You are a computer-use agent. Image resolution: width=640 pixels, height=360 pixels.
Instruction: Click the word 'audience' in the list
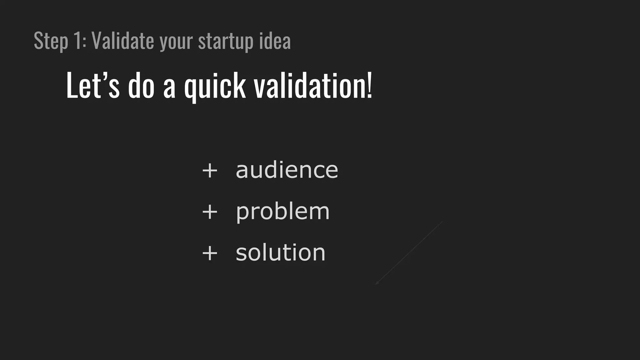(287, 170)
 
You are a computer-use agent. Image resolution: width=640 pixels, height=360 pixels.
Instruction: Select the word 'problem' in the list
(282, 212)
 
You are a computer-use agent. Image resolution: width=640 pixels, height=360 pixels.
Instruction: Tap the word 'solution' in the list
(280, 252)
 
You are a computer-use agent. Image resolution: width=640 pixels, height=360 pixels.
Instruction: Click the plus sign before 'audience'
(210, 171)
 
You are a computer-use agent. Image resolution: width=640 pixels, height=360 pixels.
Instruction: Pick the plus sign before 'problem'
(210, 212)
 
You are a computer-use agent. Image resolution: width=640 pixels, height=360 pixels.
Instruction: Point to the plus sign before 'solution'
(210, 253)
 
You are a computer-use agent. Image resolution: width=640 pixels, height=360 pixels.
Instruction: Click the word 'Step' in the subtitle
(51, 41)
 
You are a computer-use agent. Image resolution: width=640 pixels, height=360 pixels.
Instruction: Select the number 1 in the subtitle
(77, 41)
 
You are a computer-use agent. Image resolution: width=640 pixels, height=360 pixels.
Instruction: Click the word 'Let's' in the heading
(92, 86)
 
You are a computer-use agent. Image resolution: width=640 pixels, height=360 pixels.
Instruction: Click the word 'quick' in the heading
(215, 87)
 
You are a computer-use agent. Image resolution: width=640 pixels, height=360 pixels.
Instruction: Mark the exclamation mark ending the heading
(370, 85)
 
